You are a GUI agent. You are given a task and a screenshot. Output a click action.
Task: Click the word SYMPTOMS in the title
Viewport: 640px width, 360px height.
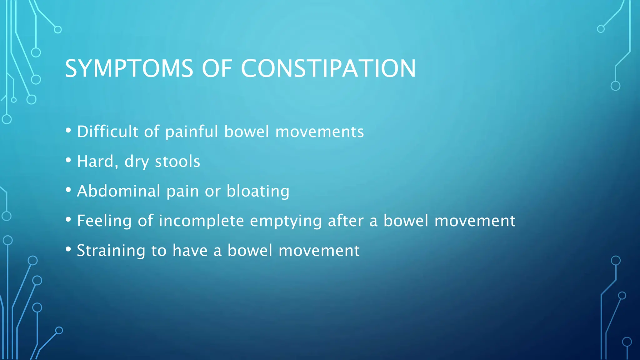click(129, 68)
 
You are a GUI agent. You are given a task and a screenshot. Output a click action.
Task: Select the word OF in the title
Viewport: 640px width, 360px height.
click(217, 68)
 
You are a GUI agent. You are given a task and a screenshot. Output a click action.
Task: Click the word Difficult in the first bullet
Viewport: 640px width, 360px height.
click(107, 131)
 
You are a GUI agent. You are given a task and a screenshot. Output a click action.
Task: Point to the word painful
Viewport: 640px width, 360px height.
click(192, 131)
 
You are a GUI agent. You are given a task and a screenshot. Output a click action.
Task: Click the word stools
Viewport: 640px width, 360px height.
click(177, 161)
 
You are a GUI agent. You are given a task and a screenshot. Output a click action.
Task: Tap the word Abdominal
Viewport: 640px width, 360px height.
click(119, 191)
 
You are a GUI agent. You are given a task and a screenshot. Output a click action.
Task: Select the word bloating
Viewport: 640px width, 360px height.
click(258, 191)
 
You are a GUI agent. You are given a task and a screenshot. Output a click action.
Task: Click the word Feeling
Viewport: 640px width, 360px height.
click(104, 221)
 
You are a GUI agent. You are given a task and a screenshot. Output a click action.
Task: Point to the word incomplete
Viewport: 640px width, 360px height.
click(201, 221)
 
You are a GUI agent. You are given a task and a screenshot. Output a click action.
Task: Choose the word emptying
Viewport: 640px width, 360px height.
click(286, 221)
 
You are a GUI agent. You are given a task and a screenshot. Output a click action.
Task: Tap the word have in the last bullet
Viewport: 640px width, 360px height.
click(190, 251)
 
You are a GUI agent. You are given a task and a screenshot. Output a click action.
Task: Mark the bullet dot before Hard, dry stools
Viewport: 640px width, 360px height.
click(68, 160)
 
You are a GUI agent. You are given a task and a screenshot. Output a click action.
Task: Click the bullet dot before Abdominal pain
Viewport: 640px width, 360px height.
click(68, 190)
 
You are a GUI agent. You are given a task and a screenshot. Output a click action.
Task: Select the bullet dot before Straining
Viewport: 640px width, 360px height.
click(68, 249)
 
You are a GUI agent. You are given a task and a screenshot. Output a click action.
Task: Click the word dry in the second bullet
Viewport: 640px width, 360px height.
click(136, 162)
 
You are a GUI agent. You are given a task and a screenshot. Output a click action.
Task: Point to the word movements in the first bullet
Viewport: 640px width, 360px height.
click(319, 131)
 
